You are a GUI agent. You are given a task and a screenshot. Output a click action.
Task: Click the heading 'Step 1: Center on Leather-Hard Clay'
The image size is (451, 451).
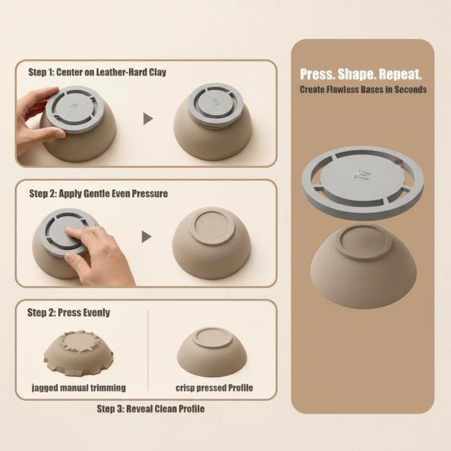click(x=97, y=72)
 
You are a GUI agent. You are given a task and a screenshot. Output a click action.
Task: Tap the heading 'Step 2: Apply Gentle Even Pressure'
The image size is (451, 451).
click(x=98, y=193)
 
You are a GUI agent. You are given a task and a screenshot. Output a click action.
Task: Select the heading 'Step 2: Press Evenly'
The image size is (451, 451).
click(x=68, y=312)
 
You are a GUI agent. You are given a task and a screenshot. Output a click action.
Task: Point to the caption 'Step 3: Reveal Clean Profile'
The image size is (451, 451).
click(x=151, y=408)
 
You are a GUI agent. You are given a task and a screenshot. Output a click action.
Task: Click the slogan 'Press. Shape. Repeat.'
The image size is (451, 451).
click(x=361, y=74)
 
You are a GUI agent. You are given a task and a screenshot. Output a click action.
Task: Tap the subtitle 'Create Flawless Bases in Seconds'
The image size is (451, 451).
click(x=363, y=90)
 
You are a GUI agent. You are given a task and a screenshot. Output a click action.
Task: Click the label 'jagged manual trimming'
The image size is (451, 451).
click(x=78, y=388)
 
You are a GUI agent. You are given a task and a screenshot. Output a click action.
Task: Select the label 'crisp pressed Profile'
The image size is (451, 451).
click(x=214, y=388)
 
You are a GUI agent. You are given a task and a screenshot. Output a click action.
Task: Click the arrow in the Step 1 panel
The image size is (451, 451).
click(x=148, y=119)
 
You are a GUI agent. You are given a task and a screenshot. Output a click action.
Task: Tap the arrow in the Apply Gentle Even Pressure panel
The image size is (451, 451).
click(x=147, y=237)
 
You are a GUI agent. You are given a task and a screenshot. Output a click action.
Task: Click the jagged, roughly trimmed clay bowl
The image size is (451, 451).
click(x=78, y=353)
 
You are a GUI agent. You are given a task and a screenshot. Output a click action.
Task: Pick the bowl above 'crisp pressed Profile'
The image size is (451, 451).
click(x=212, y=352)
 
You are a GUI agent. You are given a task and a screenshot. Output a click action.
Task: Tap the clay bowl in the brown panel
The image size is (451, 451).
click(x=363, y=267)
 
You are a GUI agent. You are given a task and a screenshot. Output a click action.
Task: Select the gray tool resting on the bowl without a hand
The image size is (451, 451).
click(x=216, y=104)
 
